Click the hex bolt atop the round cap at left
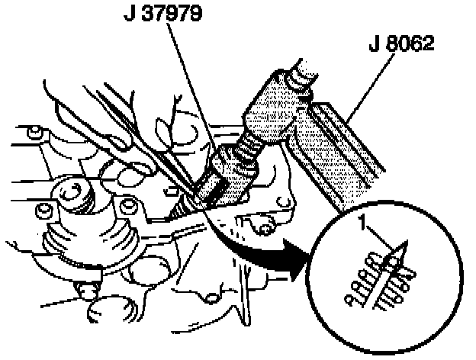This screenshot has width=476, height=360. click(77, 191)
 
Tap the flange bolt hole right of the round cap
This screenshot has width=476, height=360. click(127, 205)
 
